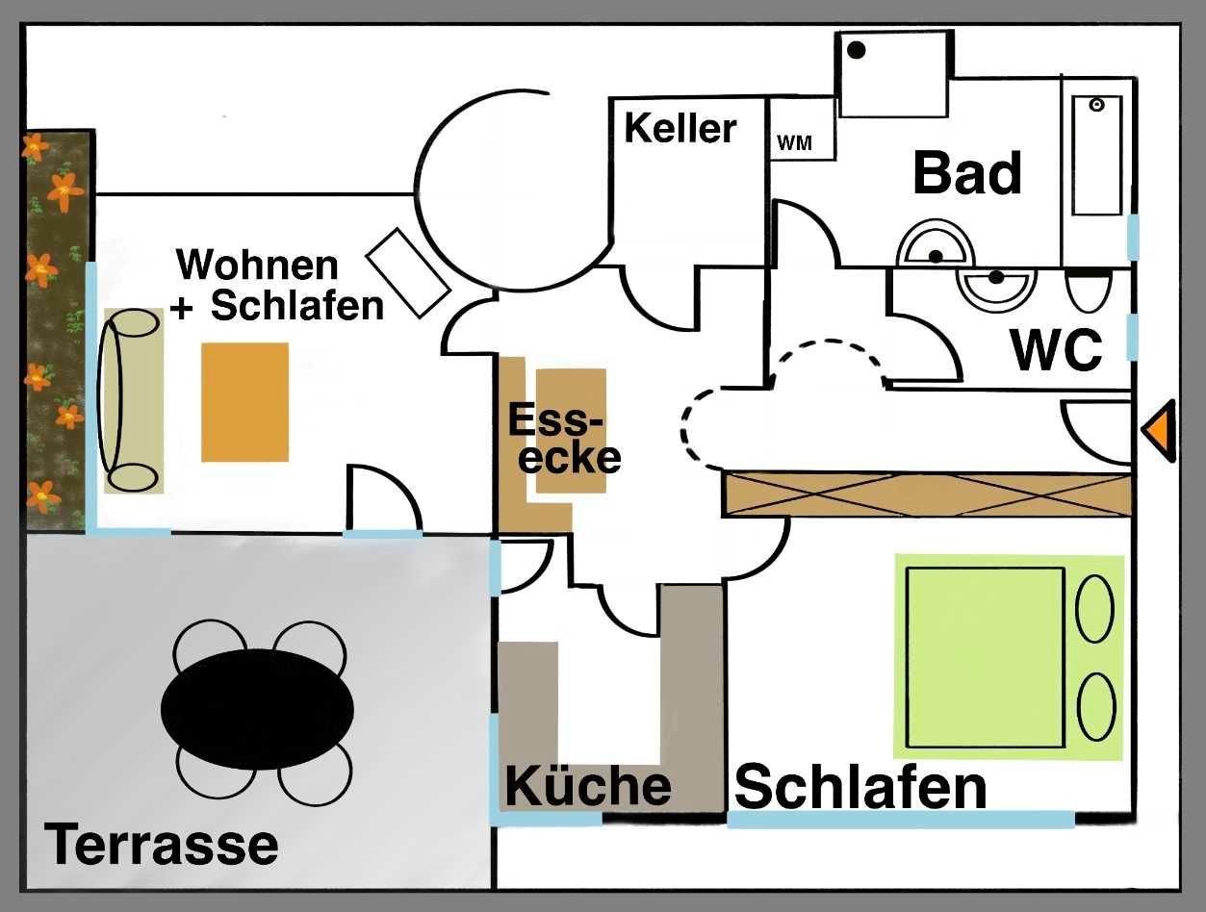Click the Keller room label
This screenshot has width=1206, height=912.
tap(680, 128)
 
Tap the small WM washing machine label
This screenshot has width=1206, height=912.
tap(794, 144)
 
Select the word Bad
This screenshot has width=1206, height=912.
tap(966, 173)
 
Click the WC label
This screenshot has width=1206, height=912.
tap(1056, 351)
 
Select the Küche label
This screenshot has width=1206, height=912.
tap(588, 785)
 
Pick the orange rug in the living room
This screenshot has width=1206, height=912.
tap(244, 402)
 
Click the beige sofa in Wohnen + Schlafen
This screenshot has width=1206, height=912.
tap(133, 400)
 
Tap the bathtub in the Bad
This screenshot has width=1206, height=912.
tap(1097, 155)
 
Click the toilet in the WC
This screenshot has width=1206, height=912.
tap(1089, 290)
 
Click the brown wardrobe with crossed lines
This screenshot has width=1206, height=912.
tap(928, 494)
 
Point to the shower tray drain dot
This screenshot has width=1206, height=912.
tap(856, 49)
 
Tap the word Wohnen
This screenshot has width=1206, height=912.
tap(258, 265)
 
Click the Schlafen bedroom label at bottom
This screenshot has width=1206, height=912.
tap(860, 788)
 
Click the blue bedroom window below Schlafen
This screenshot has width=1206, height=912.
tap(900, 820)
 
